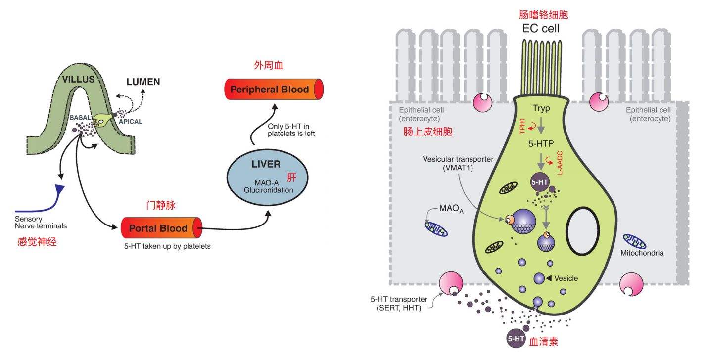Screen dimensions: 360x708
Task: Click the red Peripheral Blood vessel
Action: coord(274,89)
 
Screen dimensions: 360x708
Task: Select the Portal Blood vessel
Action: coord(161,228)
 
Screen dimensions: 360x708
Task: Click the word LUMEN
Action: coord(143,82)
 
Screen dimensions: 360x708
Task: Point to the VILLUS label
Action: coord(78,79)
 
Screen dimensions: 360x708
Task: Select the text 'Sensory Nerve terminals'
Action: coord(41,223)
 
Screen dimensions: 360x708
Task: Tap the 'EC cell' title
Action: coord(541,28)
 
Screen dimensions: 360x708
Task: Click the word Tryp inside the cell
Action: coord(541,108)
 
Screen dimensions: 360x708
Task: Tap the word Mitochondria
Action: coord(642,253)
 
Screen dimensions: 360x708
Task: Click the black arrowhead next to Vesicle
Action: coord(548,278)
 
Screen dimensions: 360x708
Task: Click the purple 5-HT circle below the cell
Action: coord(515,339)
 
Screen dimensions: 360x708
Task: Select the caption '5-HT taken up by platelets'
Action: coord(167,246)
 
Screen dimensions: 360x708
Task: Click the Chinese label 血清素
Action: coord(544,342)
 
